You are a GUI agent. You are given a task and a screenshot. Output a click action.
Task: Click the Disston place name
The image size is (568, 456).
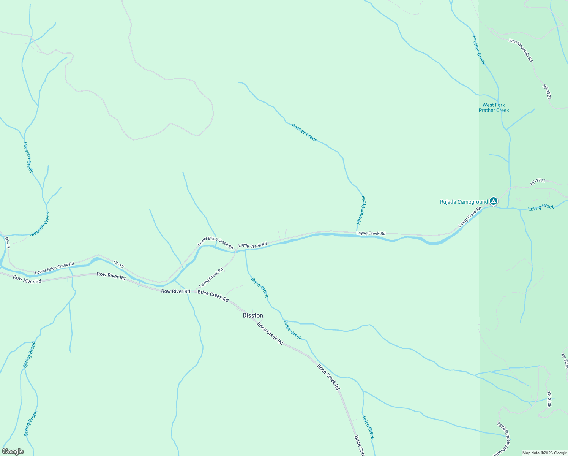253,315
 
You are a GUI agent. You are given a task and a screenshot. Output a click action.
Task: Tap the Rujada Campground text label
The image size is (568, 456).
464,202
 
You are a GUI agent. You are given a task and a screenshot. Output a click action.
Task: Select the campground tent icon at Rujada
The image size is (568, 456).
493,201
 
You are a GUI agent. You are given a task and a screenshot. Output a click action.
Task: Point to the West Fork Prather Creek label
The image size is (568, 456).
494,108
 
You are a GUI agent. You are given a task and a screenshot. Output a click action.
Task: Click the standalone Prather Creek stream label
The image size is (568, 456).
479,50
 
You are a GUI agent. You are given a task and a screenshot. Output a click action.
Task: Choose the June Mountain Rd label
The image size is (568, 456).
521,50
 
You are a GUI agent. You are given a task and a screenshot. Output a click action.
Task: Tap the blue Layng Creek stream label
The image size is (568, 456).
541,207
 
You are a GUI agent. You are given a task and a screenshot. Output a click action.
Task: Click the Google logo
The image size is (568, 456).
13,451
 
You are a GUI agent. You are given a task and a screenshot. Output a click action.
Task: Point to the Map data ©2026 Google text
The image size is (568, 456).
544,453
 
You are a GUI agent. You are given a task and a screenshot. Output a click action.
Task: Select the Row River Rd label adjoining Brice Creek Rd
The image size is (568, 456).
175,291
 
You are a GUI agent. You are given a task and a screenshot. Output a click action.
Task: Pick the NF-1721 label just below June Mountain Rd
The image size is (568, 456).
547,92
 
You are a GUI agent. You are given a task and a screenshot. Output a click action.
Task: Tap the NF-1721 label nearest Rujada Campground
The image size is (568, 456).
537,182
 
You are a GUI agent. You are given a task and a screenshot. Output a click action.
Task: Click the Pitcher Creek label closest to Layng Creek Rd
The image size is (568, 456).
361,210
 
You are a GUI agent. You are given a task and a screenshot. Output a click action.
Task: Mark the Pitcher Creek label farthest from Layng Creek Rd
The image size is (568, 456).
304,133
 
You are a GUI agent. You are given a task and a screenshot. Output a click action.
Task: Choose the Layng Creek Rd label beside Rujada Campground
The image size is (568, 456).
470,217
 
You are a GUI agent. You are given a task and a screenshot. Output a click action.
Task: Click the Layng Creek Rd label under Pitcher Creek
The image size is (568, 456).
371,233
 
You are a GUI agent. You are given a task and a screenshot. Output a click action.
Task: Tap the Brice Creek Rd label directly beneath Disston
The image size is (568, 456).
270,333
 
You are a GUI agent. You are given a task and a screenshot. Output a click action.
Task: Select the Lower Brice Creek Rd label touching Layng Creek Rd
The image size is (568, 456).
215,243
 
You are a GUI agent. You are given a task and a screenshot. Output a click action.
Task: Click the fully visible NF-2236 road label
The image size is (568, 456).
549,400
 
